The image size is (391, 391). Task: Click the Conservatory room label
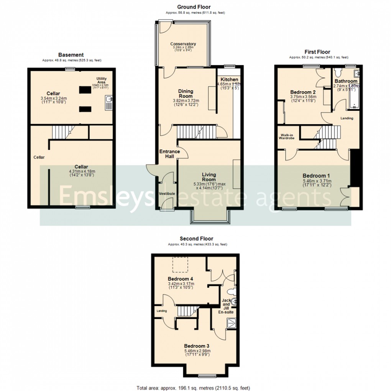[183, 44]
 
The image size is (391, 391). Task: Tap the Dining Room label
[186, 94]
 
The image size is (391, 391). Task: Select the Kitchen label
[229, 79]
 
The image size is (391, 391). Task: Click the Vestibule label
[167, 194]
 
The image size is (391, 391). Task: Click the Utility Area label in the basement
[102, 81]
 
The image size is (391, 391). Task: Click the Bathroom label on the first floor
[346, 81]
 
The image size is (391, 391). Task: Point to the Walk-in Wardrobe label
[287, 136]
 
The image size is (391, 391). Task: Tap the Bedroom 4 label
[180, 279]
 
